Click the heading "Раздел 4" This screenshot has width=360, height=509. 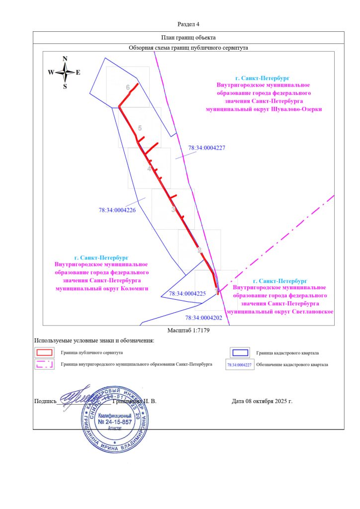click(188, 24)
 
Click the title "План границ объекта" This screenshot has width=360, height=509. click(188, 37)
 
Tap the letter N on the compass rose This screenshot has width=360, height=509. click(65, 59)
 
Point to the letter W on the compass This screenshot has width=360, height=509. click(51, 73)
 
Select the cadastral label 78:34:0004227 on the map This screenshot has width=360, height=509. click(207, 148)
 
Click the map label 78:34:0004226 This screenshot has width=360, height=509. click(117, 210)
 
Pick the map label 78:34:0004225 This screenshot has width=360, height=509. click(187, 294)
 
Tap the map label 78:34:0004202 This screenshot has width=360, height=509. click(203, 317)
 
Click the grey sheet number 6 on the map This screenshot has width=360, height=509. click(128, 87)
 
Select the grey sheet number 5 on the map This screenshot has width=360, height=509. click(140, 128)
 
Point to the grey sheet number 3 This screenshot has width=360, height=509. click(173, 210)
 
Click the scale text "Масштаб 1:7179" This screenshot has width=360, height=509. click(188, 331)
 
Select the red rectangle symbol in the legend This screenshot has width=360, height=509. click(44, 352)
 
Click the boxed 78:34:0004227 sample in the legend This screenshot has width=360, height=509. click(239, 364)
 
